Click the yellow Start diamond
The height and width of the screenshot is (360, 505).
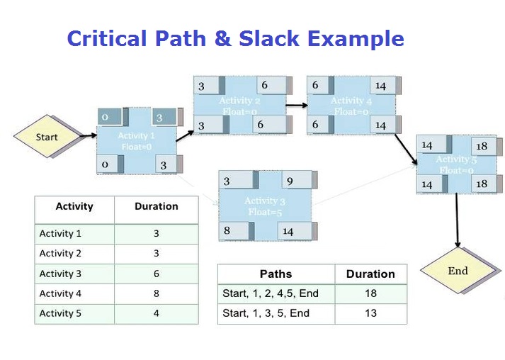tap(47, 136)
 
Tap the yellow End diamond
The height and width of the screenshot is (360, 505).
tap(458, 271)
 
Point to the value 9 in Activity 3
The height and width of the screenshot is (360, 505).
tap(290, 181)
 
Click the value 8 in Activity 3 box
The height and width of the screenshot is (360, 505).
tap(227, 230)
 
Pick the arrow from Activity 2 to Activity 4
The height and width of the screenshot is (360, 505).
tap(297, 106)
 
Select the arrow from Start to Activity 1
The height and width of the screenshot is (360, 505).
tap(87, 135)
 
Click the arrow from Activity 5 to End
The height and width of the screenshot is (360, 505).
tap(457, 220)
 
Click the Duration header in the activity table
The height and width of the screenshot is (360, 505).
tap(156, 206)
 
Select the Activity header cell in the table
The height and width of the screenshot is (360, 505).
tap(74, 206)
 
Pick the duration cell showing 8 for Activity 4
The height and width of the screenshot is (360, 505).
tap(156, 293)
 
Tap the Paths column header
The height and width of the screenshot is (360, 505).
tap(276, 274)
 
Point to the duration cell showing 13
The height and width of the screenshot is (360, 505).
tap(370, 313)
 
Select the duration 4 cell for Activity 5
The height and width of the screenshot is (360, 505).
tap(156, 313)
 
